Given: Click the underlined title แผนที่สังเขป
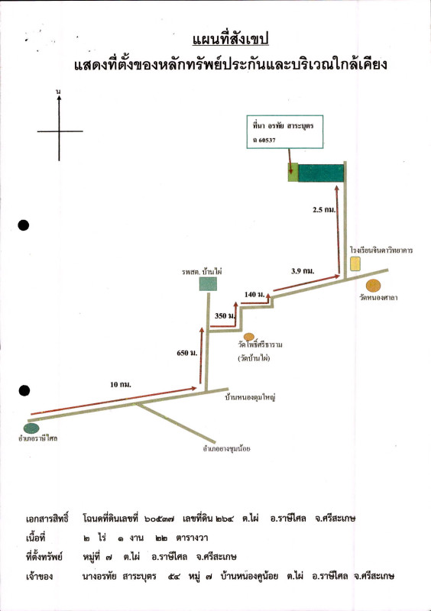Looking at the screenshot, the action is click(230, 40).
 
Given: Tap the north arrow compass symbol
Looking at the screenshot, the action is click(60, 128).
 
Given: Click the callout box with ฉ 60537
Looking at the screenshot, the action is click(285, 131).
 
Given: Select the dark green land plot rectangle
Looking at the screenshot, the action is click(321, 173).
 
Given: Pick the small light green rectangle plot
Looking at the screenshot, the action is click(293, 173).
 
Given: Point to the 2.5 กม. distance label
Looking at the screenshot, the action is click(324, 209).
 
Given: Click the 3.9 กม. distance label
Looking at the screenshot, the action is click(303, 271).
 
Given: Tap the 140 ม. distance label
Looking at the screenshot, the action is click(254, 294).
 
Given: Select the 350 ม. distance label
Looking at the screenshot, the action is click(225, 315).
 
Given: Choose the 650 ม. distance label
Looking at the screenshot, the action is click(187, 353).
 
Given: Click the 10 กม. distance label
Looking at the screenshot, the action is click(121, 385).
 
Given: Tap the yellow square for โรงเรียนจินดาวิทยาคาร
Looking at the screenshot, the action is click(355, 263).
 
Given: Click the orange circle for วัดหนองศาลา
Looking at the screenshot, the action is click(373, 286).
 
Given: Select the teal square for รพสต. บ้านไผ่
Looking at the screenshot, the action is click(208, 284).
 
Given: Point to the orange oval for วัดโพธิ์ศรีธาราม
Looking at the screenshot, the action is click(249, 337).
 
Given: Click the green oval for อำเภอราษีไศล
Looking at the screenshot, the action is click(31, 428).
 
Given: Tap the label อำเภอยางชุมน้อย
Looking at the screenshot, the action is click(227, 448).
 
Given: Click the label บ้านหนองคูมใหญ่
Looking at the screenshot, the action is click(250, 398).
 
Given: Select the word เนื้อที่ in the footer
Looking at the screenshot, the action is click(35, 538).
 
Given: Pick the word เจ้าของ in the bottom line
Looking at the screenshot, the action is click(40, 577).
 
